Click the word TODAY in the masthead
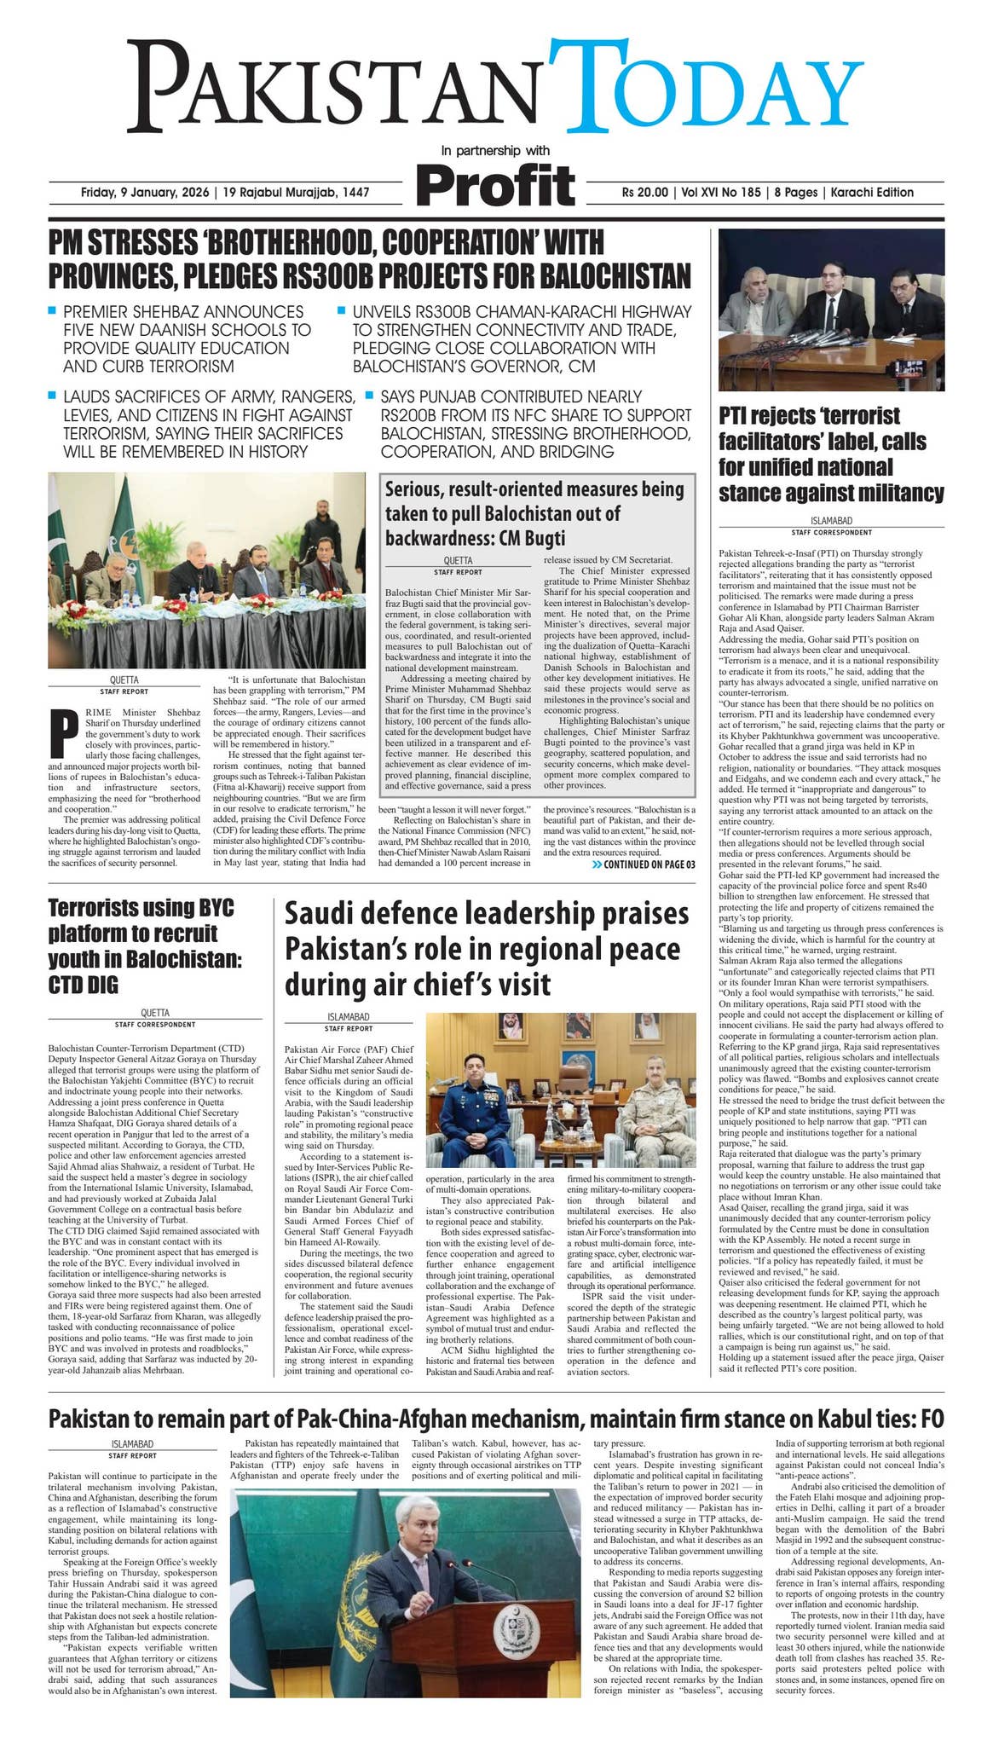tap(704, 89)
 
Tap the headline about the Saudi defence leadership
tap(487, 949)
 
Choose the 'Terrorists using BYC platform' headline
tap(145, 946)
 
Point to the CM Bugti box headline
tap(534, 513)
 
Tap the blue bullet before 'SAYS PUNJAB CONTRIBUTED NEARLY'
tap(370, 396)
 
